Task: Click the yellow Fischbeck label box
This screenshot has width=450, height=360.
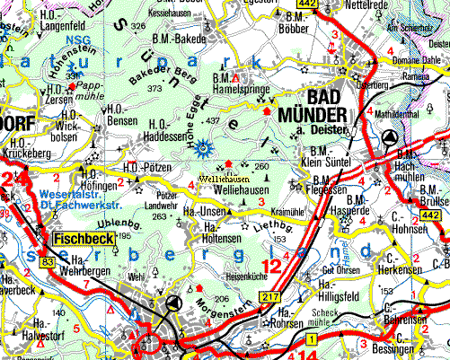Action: (84, 241)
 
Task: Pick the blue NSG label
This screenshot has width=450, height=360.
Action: (58, 40)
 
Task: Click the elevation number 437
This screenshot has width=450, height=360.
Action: (213, 120)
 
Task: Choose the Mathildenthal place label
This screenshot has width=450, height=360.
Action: (398, 115)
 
